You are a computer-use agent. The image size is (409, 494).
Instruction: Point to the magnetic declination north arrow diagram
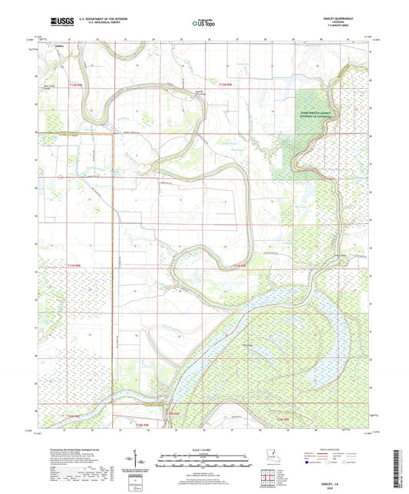click(x=145, y=462)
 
